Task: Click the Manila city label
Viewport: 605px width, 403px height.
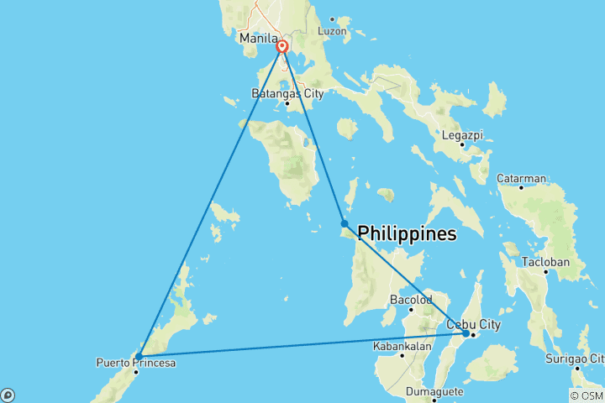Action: tap(258, 39)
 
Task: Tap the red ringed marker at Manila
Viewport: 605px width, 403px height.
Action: tap(282, 48)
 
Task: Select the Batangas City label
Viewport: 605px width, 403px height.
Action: tap(288, 94)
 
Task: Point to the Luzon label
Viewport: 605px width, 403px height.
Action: tap(333, 31)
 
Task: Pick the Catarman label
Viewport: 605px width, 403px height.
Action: tap(522, 178)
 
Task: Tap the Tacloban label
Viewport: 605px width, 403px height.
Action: tap(546, 262)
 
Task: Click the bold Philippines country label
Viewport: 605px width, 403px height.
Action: tap(408, 233)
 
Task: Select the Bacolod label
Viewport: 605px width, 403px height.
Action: tap(411, 300)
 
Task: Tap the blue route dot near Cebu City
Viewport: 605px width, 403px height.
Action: tap(466, 333)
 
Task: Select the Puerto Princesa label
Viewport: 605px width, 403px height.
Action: tap(136, 363)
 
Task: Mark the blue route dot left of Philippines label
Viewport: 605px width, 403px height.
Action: tap(345, 223)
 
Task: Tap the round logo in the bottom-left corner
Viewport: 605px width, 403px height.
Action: tap(8, 395)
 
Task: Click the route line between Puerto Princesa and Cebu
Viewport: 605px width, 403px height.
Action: tap(302, 344)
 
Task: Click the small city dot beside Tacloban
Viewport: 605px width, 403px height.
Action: tap(546, 272)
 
